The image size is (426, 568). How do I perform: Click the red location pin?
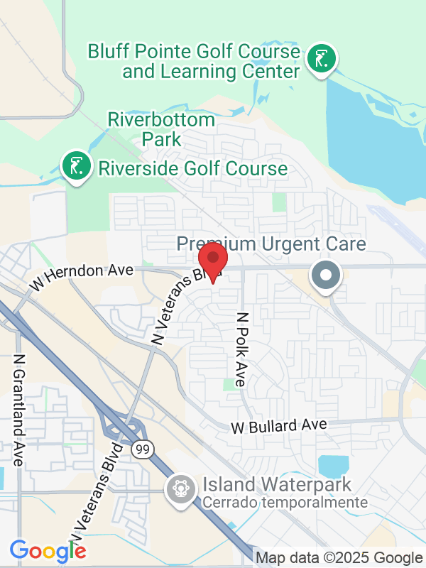pyautogui.click(x=212, y=258)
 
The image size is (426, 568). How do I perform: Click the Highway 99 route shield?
pyautogui.click(x=139, y=449)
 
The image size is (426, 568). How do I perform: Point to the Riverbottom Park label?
pyautogui.click(x=162, y=129)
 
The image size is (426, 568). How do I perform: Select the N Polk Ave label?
pyautogui.click(x=241, y=349)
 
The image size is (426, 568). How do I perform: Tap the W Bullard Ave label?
pyautogui.click(x=279, y=426)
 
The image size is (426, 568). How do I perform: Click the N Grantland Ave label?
pyautogui.click(x=19, y=410)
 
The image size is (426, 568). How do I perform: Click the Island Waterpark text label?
pyautogui.click(x=278, y=486)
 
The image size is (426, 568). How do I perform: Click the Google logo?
pyautogui.click(x=48, y=550)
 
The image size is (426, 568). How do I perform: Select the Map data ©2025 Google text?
pyautogui.click(x=339, y=558)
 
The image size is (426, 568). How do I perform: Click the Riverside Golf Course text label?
pyautogui.click(x=192, y=168)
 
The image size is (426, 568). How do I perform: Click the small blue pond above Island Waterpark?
pyautogui.click(x=333, y=465)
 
